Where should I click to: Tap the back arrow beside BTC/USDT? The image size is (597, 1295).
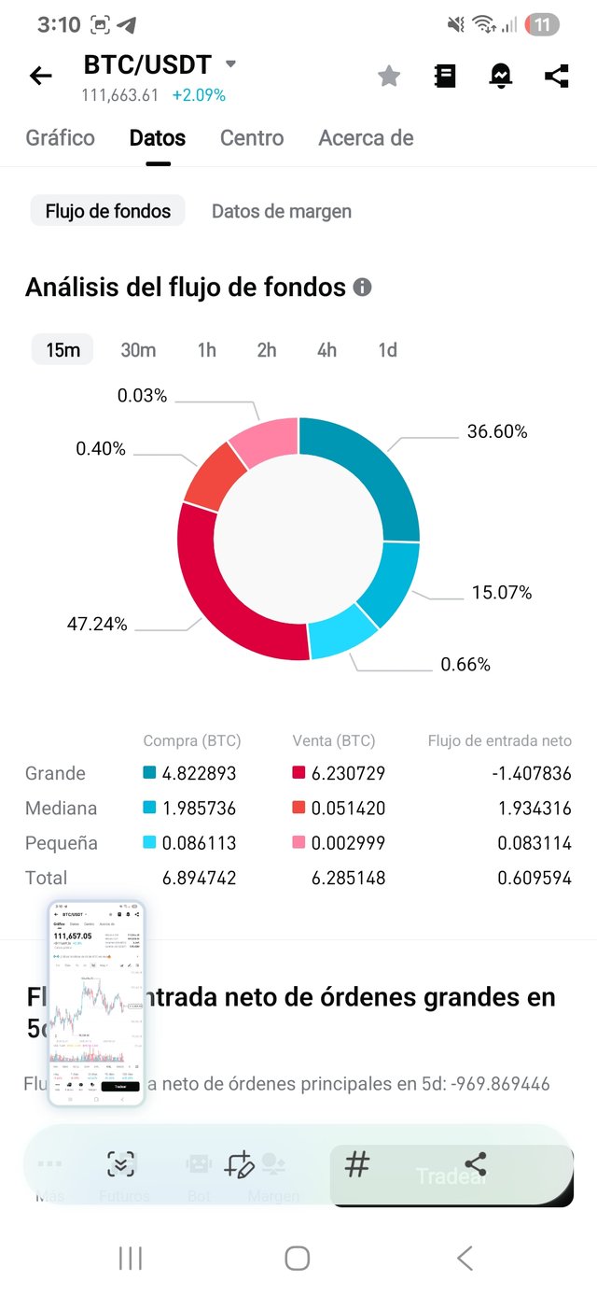click(41, 76)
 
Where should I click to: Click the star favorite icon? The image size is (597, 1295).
click(389, 77)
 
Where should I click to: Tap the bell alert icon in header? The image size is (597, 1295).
click(501, 77)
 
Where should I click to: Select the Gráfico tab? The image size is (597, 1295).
click(60, 138)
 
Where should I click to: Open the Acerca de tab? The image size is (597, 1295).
click(366, 138)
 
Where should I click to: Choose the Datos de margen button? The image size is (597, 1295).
click(282, 211)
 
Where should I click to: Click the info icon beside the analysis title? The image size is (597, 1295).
click(362, 288)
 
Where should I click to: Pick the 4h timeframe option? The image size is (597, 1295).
click(326, 350)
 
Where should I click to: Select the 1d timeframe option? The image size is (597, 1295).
click(387, 350)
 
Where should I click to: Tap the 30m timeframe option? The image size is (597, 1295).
click(138, 350)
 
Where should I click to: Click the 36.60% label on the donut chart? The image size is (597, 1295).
click(497, 431)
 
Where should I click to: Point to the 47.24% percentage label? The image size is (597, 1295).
click(97, 624)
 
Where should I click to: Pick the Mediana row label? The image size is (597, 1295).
click(61, 808)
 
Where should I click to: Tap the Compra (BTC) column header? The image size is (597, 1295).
click(192, 740)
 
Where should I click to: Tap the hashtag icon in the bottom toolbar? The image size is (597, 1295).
click(357, 1164)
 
